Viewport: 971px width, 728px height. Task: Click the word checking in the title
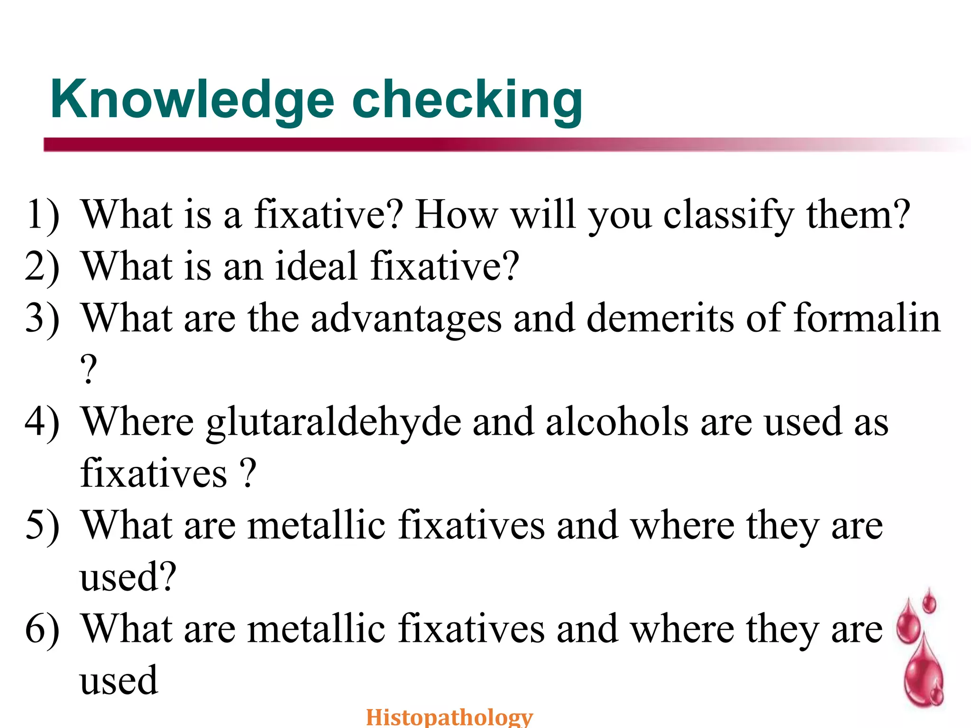[x=467, y=100]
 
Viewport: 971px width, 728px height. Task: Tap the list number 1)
[x=42, y=215]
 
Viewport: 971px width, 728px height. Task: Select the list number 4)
[x=42, y=422]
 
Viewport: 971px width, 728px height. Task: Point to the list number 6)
[x=42, y=629]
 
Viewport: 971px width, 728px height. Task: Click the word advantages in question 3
[x=406, y=319]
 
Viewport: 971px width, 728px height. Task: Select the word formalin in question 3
[x=867, y=318]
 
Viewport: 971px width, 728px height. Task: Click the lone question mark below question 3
[x=89, y=370]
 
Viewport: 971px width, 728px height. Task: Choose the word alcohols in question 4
[x=617, y=422]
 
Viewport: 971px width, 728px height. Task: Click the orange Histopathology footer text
[x=449, y=717]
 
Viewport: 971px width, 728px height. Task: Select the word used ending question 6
[x=119, y=681]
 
